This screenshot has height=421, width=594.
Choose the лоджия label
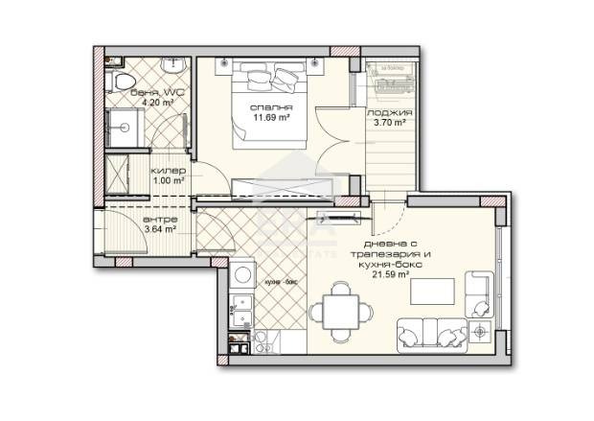pyautogui.click(x=390, y=113)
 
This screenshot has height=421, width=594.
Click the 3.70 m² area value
pyautogui.click(x=390, y=123)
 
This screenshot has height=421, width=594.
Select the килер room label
pyautogui.click(x=168, y=169)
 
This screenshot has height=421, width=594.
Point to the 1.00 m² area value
pyautogui.click(x=168, y=179)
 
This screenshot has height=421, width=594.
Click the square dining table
pyautogui.click(x=339, y=308)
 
